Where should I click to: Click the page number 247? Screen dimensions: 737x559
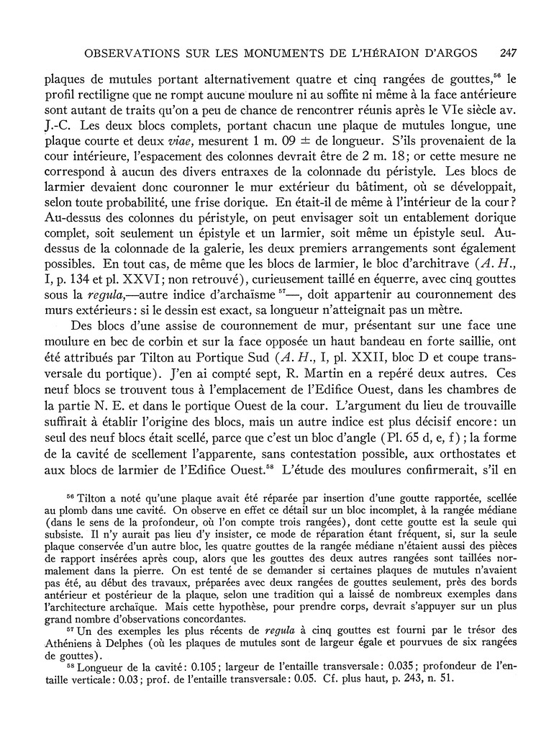click(x=509, y=53)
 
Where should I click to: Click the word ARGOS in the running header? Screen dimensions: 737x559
click(x=463, y=53)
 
